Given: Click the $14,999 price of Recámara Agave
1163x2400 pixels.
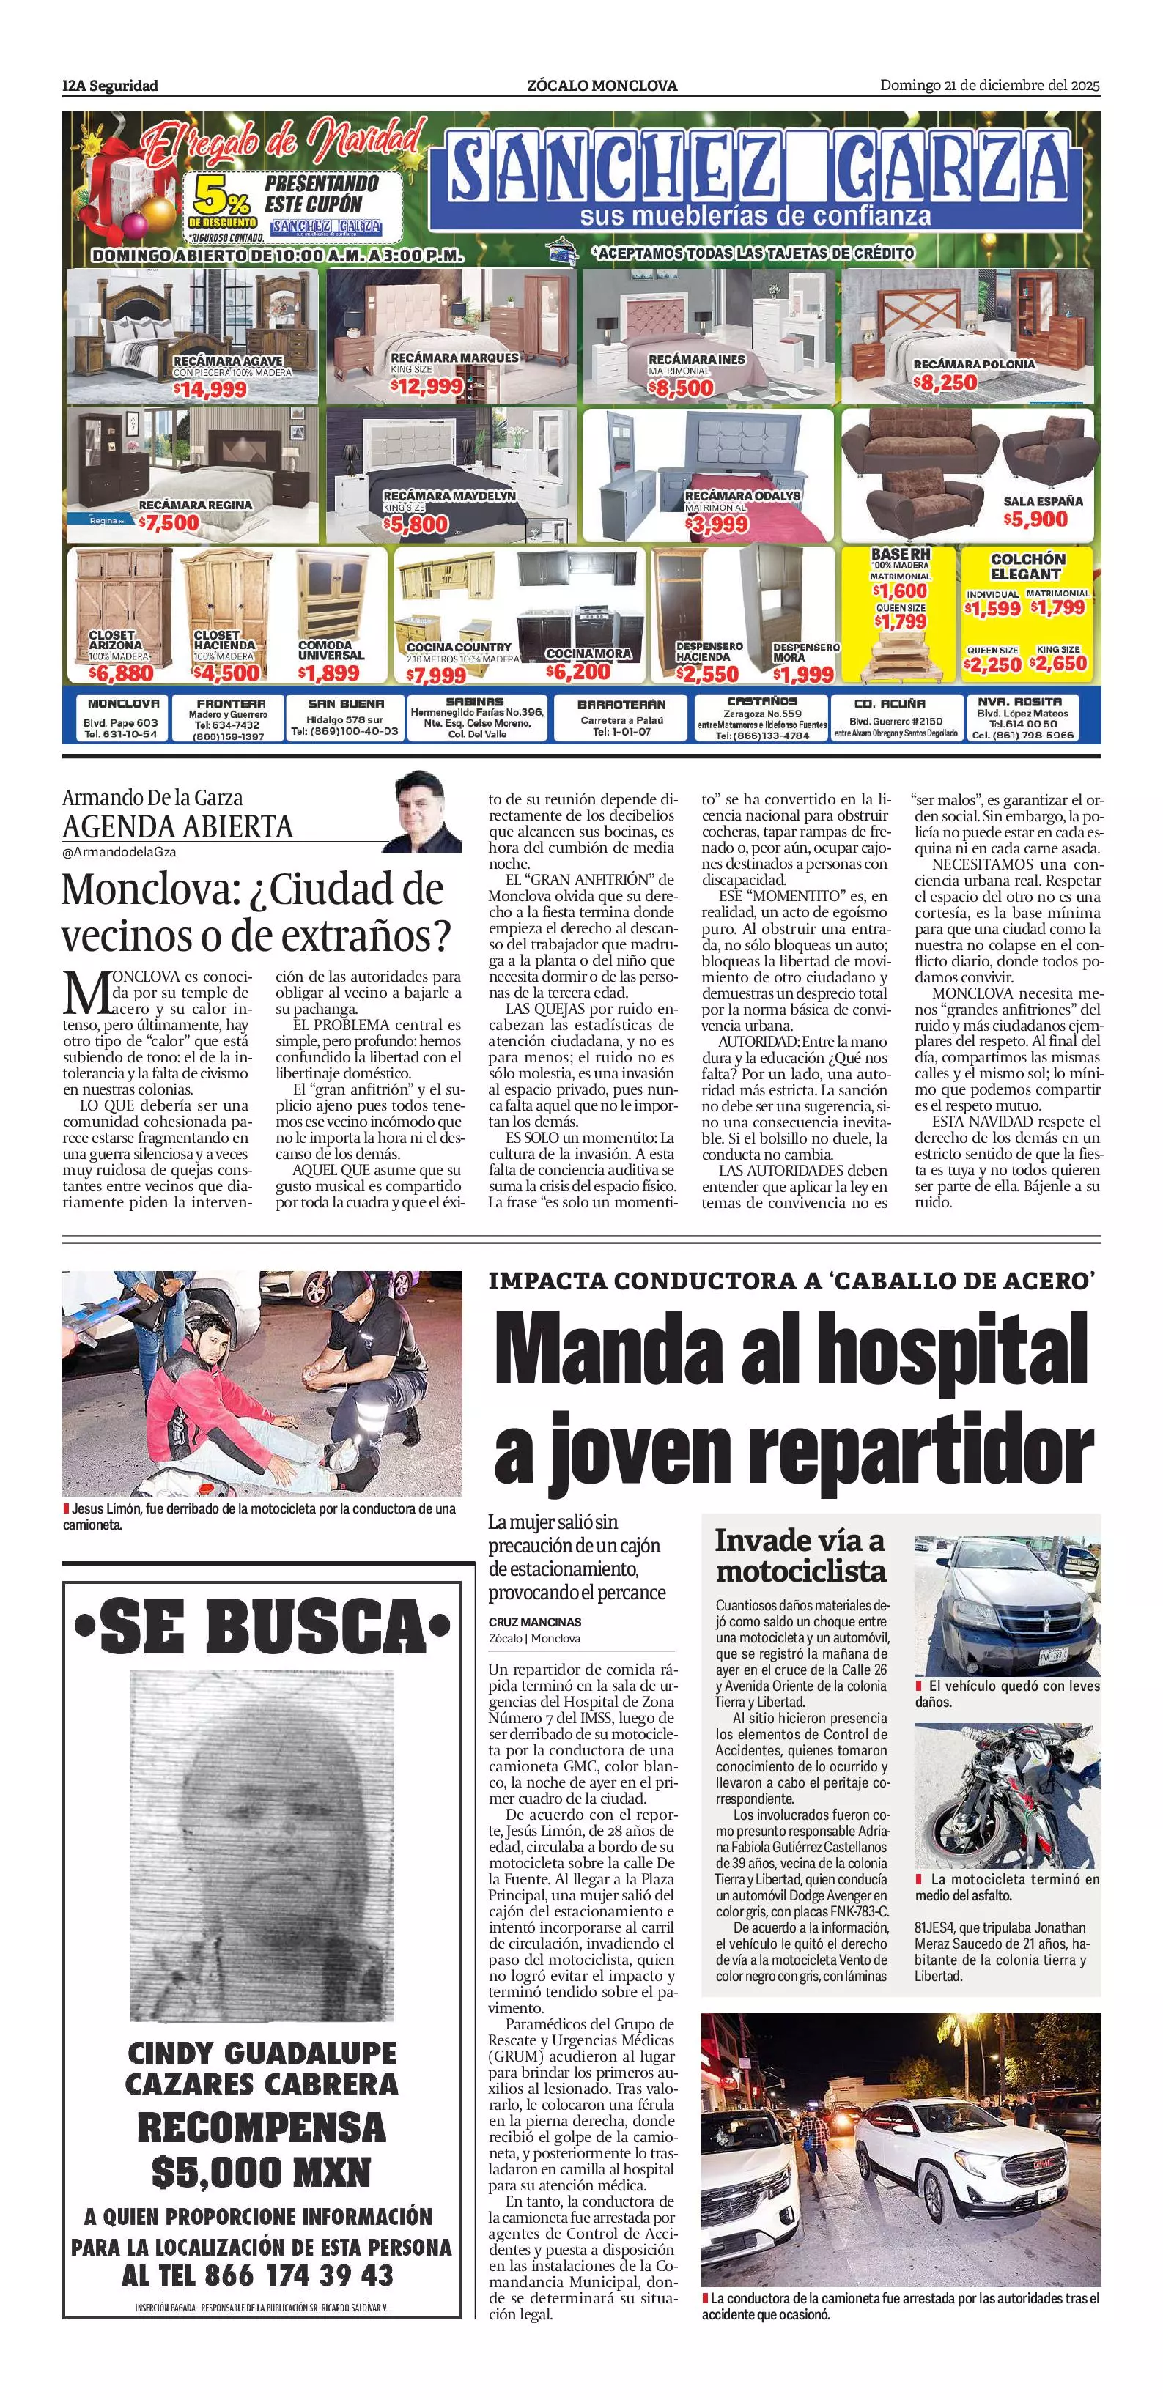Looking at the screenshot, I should (210, 390).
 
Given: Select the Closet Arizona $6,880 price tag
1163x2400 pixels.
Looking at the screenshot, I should (121, 673).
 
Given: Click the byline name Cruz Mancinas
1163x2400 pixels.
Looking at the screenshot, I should (534, 1622).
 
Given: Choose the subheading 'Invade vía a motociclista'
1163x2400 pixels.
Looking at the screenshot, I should (800, 1555).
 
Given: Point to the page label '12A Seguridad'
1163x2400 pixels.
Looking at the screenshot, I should (110, 86).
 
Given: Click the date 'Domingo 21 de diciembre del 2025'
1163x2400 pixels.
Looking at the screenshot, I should (989, 86).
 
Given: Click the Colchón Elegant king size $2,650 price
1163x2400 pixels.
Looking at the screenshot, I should (1059, 663).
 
